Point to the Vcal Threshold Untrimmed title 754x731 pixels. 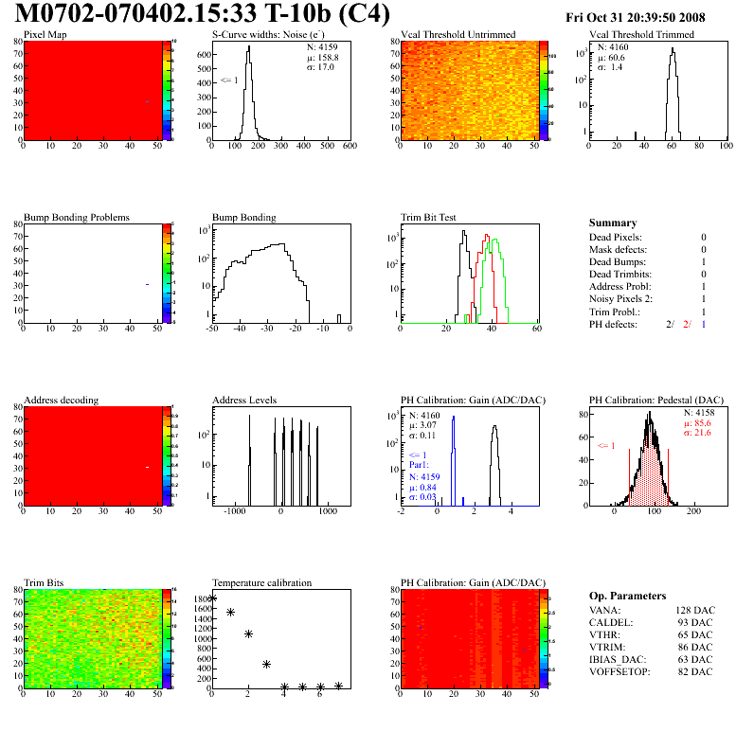458,35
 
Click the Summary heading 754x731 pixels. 613,223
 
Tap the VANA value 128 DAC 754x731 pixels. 694,610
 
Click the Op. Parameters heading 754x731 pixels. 627,596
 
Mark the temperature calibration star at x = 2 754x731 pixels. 248,634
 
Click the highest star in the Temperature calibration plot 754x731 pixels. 212,598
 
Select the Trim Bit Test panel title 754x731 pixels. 429,218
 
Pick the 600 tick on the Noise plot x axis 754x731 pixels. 349,147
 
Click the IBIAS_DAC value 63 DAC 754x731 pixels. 696,659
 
